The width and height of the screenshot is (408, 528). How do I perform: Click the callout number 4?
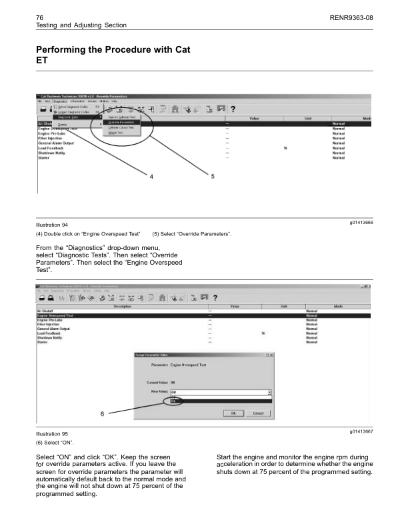(x=151, y=176)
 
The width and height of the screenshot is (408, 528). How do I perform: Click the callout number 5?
(x=212, y=176)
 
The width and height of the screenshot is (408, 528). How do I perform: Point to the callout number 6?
(x=101, y=413)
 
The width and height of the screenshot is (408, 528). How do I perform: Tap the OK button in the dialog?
(x=233, y=413)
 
